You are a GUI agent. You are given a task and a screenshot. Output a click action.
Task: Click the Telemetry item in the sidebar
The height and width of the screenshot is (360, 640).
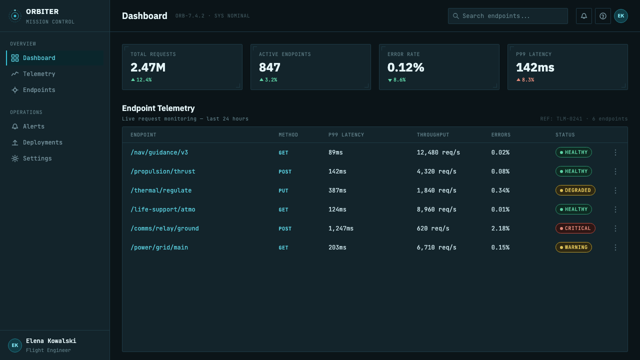(39, 73)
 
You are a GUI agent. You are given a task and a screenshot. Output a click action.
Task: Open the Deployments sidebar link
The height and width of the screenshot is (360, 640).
(42, 142)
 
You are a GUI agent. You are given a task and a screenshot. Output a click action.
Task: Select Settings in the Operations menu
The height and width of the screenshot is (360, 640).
(37, 158)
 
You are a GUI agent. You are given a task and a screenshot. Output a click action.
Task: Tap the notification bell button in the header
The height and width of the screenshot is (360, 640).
(583, 16)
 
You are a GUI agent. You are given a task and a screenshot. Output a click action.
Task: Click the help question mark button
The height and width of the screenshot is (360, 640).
(603, 16)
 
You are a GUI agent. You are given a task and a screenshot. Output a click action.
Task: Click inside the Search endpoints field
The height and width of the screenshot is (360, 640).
(507, 16)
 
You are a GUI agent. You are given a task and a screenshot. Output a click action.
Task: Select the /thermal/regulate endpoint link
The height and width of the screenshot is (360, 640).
(161, 190)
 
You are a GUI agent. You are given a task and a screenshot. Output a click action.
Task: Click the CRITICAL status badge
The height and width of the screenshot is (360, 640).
(575, 228)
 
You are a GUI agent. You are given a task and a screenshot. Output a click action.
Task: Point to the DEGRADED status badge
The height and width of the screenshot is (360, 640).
(575, 190)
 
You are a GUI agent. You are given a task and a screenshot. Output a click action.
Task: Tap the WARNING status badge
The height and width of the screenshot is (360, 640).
(573, 247)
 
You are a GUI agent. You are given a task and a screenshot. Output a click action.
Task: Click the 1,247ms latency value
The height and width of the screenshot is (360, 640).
(341, 228)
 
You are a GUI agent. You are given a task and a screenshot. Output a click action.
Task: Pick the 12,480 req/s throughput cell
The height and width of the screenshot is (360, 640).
(438, 152)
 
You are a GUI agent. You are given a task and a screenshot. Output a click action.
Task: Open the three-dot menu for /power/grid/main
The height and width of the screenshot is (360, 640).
(615, 247)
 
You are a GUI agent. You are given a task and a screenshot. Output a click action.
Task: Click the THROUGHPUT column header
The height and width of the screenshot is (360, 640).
(433, 135)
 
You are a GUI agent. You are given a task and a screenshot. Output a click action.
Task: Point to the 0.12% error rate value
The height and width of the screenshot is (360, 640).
(405, 67)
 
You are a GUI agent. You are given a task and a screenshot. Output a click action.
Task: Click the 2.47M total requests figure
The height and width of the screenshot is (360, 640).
(148, 67)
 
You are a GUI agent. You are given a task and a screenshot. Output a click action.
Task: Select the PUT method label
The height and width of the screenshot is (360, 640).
(283, 190)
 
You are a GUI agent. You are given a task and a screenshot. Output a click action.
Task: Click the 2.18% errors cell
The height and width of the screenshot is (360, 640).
(500, 228)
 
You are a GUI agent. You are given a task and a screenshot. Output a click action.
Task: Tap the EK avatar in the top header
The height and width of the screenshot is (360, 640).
(621, 16)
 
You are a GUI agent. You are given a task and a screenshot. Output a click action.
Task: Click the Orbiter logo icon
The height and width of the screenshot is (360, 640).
(15, 16)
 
